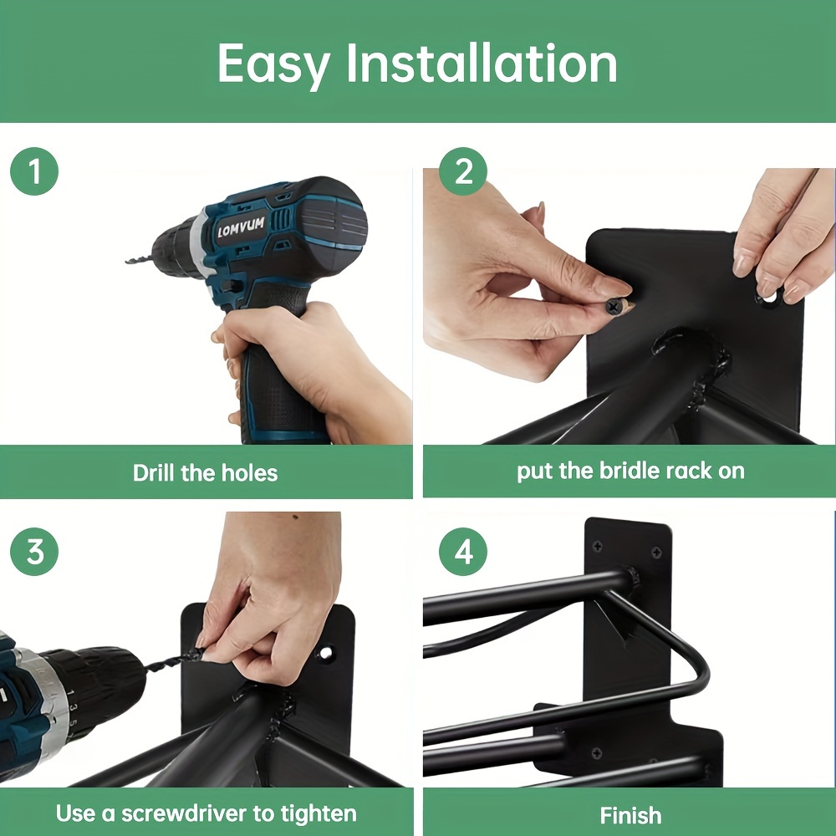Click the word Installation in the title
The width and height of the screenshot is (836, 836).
point(482,64)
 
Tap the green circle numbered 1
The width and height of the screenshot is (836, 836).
point(34,172)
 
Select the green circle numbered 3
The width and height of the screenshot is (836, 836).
point(34,553)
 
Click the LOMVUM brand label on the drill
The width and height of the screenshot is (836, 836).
point(241,227)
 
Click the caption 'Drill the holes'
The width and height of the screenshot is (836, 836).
point(205,472)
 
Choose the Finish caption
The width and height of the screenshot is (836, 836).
point(630,815)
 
